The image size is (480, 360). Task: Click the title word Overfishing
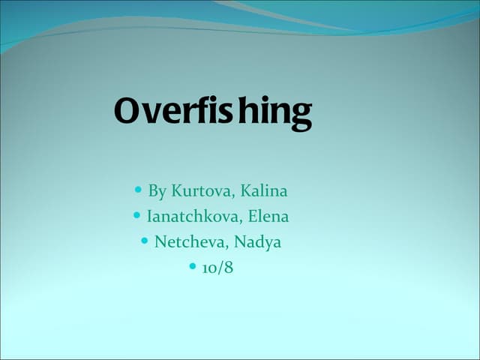(x=213, y=112)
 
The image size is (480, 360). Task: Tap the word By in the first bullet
(x=157, y=191)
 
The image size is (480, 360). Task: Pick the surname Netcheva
(x=190, y=242)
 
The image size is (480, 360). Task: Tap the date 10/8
(x=217, y=268)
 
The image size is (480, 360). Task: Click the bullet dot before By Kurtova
(x=138, y=190)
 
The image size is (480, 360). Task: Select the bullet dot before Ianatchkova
(x=136, y=216)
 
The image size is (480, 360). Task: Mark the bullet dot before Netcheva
(x=144, y=241)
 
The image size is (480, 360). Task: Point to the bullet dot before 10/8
(x=192, y=267)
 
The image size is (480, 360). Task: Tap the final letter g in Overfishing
(x=301, y=115)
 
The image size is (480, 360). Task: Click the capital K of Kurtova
(x=176, y=191)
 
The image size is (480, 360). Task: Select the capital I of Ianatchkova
(x=149, y=217)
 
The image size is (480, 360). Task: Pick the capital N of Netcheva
(x=160, y=242)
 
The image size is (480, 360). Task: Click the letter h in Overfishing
(x=248, y=111)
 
